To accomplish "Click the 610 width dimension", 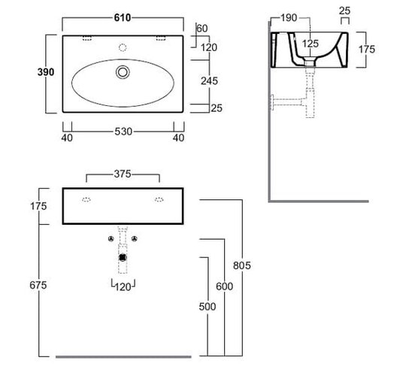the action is [123, 18].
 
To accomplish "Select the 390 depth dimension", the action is [46, 72].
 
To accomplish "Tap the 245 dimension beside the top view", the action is [209, 81].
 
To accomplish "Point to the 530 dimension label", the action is [123, 132].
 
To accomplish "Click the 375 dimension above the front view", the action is [123, 174].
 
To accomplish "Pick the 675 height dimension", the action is [38, 286].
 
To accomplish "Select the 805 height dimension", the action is [242, 265].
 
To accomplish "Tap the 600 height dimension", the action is [225, 286].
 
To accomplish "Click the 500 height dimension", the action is [208, 307].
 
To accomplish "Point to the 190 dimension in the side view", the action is [289, 18].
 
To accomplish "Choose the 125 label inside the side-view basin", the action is [311, 44].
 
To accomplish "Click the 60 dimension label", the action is [202, 29].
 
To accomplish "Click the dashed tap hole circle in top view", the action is [123, 47].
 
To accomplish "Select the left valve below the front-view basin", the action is [111, 239].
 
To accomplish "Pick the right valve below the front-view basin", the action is [134, 239].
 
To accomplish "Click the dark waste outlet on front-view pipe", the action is [123, 258].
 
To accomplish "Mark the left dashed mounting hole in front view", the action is [86, 200].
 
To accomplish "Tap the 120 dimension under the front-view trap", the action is [123, 287].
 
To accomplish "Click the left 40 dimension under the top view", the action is [67, 138].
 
